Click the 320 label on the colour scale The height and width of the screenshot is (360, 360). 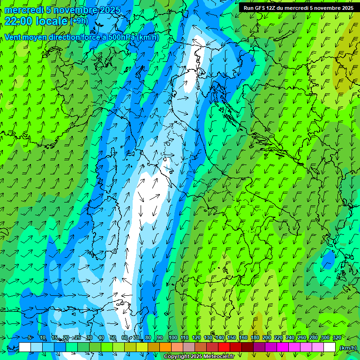(x=337, y=337)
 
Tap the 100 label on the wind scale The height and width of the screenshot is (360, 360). (x=172, y=337)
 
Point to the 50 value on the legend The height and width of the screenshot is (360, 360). (x=113, y=337)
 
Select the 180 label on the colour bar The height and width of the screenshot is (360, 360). (x=255, y=337)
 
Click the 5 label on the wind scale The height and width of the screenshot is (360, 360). (x=29, y=337)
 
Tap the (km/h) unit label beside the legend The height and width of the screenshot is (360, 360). (x=348, y=347)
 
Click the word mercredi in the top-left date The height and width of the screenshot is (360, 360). (x=22, y=10)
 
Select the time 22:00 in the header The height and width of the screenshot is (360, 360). (x=18, y=21)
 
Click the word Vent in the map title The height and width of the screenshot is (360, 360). (x=13, y=37)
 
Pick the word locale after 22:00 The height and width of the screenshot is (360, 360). (x=51, y=21)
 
